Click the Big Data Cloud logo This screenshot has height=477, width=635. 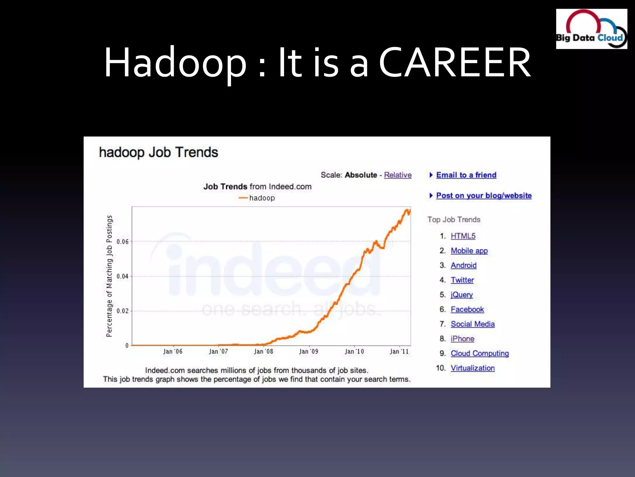coord(591,29)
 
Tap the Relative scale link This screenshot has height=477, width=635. coord(397,175)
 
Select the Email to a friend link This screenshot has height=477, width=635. coord(466,175)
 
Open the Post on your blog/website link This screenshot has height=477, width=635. coord(484,195)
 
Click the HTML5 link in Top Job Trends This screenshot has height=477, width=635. coord(463,236)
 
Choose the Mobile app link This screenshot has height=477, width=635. coord(469,251)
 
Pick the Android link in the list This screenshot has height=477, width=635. coord(464,265)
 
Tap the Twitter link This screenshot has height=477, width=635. coord(462,280)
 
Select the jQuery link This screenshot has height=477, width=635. coord(462,294)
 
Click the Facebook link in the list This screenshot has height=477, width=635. coord(467,309)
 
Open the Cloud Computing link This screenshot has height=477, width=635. coord(480,353)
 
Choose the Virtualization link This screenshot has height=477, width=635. coord(473,368)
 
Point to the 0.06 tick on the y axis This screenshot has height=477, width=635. coord(122,242)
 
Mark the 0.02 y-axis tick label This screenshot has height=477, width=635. coord(122,311)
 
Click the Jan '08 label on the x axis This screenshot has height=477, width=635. coord(264,351)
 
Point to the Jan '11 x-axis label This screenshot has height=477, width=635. coord(399,351)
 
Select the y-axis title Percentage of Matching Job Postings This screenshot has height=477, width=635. coord(109,276)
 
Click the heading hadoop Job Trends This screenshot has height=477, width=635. coord(158,152)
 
